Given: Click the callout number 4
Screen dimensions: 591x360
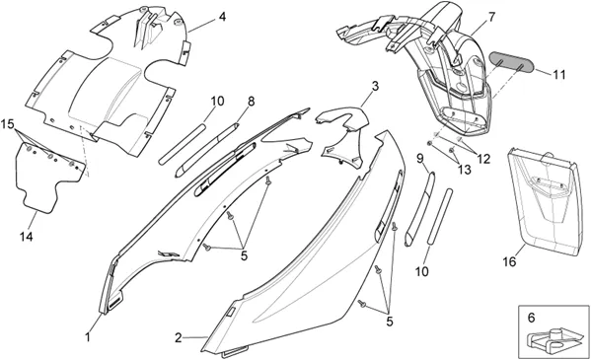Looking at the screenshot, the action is point(222,17).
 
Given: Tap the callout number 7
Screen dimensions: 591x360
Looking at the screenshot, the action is point(491,17).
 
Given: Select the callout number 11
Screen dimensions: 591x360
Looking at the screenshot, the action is point(559,75).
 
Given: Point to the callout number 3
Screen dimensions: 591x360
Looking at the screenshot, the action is point(375,87).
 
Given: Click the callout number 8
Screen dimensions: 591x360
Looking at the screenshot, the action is point(251,101).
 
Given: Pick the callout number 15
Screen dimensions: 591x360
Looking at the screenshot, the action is point(7,123).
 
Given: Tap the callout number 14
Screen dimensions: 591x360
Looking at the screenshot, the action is point(27,237).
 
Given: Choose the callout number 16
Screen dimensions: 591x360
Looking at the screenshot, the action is point(509,261).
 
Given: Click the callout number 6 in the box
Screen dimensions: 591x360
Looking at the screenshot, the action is point(531,318).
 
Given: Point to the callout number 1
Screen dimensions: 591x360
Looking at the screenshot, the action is point(88,336).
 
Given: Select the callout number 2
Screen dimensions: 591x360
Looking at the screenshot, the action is point(179,337).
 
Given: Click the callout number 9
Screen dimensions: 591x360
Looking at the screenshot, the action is point(420,159).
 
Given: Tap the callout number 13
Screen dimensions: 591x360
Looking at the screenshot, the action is point(465,170).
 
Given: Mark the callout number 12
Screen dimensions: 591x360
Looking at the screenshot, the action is point(483,159).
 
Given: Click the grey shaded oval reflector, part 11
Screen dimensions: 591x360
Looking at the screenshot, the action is point(511,62).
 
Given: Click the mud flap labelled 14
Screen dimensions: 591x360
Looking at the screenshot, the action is point(45,178).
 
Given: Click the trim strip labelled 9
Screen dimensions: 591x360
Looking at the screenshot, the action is point(419,209).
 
